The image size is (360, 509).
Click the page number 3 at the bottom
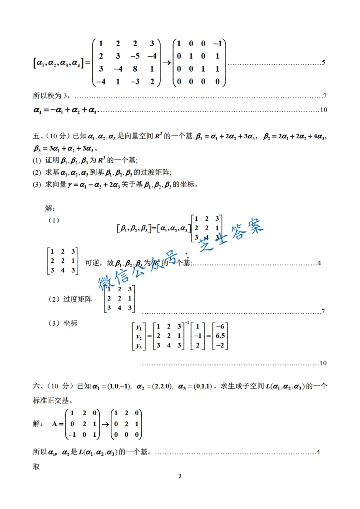tap(180, 476)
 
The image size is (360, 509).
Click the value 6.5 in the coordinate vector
tap(220, 336)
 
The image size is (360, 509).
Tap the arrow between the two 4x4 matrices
tap(166, 63)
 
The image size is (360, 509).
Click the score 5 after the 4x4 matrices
tap(323, 62)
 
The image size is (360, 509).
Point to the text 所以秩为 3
tap(52, 96)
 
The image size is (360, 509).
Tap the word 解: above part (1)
tap(50, 209)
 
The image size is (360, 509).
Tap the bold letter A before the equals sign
tap(55, 424)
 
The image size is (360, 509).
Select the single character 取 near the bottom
tap(37, 466)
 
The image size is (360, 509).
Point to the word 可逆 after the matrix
tap(92, 263)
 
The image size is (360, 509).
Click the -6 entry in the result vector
tap(220, 326)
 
